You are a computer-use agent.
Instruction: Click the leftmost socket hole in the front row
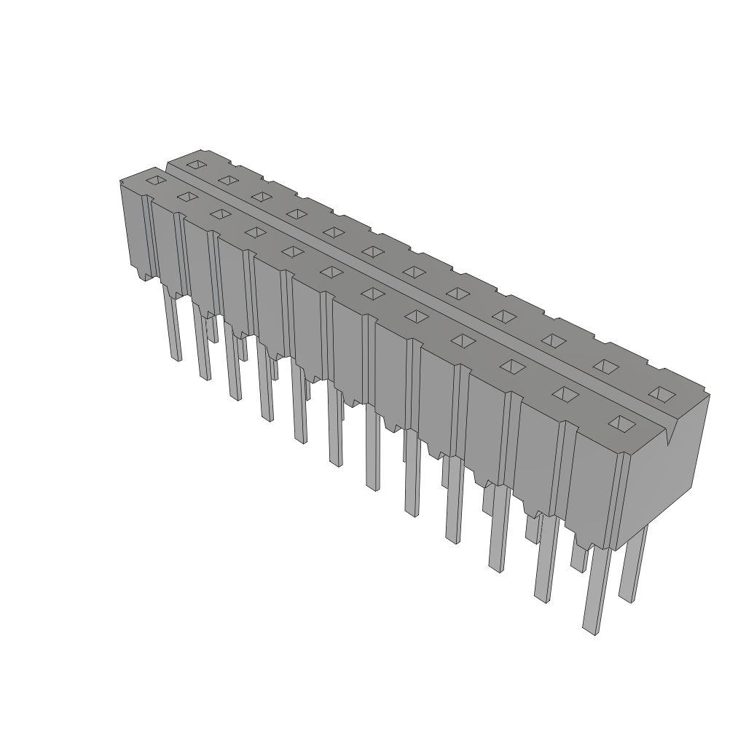coord(155,179)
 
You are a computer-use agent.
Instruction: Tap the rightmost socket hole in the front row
coord(621,423)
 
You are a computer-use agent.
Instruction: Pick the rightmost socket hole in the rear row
coord(662,394)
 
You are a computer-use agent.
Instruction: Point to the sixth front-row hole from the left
coord(331,272)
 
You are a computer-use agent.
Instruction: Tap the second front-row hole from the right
coord(565,393)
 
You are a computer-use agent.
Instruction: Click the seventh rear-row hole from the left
coord(414,272)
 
